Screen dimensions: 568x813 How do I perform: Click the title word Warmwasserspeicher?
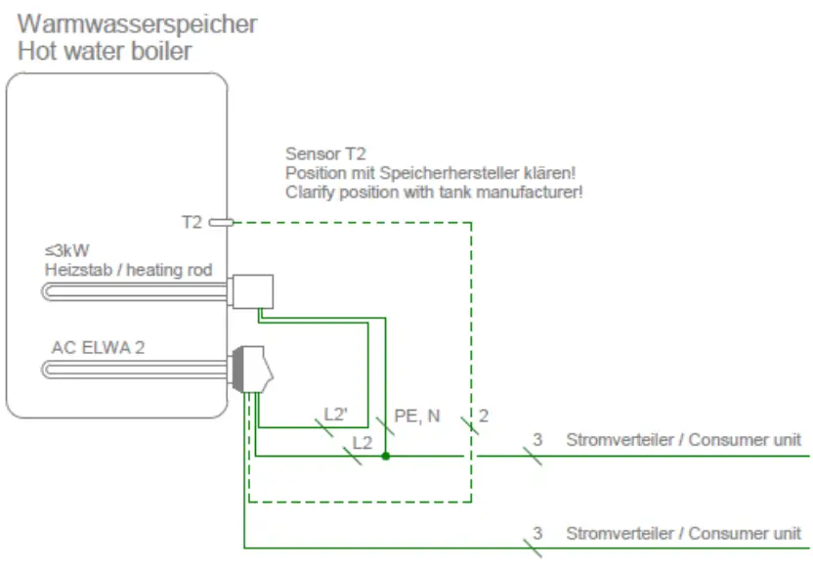[x=137, y=22]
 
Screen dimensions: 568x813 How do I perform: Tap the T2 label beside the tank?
[x=192, y=223]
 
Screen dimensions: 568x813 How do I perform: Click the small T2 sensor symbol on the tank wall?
[x=221, y=223]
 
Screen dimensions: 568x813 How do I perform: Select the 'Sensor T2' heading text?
[x=324, y=153]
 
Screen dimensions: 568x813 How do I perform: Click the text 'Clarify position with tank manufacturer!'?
[x=434, y=192]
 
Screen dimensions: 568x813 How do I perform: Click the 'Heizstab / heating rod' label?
[x=128, y=269]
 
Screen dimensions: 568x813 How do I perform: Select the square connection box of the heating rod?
[x=253, y=290]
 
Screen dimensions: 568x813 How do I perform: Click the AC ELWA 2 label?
[x=98, y=347]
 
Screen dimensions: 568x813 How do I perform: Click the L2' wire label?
[x=337, y=414]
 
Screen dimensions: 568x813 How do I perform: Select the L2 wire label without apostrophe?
[x=363, y=442]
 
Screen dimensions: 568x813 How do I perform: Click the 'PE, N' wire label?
[x=416, y=415]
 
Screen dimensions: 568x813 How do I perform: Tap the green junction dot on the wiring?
[x=387, y=456]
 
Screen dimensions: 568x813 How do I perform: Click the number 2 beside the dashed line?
[x=484, y=415]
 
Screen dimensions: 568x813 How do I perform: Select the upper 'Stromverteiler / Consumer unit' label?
[x=683, y=440]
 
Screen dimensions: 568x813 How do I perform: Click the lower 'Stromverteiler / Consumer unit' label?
[x=683, y=534]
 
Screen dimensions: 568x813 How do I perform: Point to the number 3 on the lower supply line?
[x=536, y=534]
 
